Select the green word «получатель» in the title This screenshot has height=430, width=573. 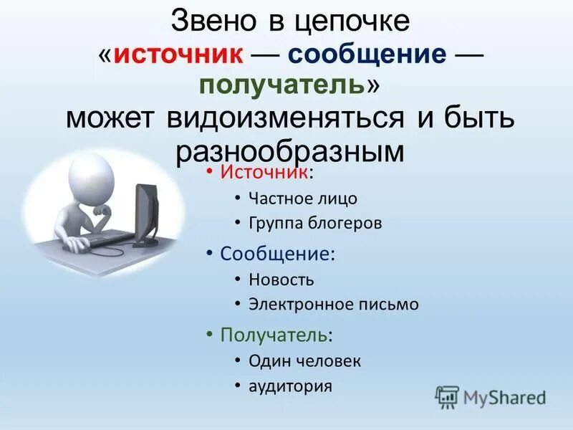284,85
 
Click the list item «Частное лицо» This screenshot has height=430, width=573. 302,199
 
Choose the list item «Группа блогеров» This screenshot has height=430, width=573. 315,224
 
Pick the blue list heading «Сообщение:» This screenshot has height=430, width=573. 278,254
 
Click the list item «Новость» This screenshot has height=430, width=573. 281,279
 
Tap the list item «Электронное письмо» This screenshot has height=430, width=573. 333,305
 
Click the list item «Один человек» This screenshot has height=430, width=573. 304,360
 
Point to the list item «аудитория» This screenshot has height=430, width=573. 290,386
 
